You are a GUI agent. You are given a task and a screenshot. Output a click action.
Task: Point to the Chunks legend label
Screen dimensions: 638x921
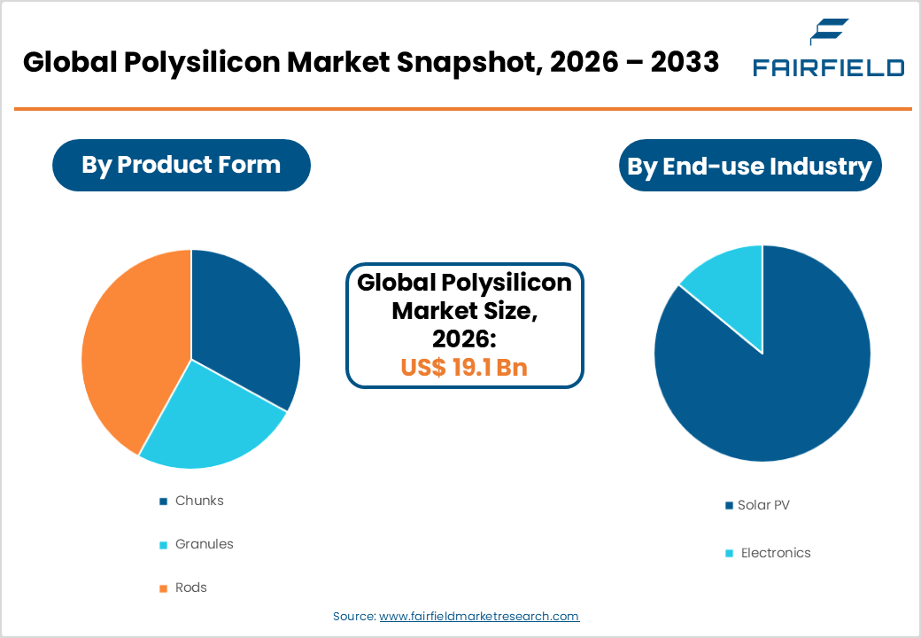pyautogui.click(x=199, y=501)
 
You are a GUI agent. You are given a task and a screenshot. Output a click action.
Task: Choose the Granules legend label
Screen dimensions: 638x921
pyautogui.click(x=204, y=544)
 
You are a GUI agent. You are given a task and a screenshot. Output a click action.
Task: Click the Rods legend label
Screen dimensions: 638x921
pyautogui.click(x=190, y=587)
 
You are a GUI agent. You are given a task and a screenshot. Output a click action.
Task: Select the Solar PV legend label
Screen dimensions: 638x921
pyautogui.click(x=763, y=505)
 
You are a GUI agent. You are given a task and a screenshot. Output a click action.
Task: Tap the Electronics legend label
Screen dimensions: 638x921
pyautogui.click(x=776, y=553)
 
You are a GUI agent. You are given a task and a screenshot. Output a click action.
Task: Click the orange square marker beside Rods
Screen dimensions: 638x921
pyautogui.click(x=163, y=588)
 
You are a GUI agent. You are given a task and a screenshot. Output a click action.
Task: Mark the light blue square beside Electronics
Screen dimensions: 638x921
pyautogui.click(x=729, y=554)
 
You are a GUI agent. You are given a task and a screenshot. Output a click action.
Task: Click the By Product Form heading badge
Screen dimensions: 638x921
pyautogui.click(x=181, y=165)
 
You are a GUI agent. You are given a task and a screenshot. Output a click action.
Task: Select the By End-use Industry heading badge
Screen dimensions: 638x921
pyautogui.click(x=749, y=166)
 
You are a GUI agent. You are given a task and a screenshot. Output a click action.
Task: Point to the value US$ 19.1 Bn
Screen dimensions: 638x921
pyautogui.click(x=464, y=367)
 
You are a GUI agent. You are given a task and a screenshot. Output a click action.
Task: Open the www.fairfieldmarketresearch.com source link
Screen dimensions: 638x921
pyautogui.click(x=479, y=616)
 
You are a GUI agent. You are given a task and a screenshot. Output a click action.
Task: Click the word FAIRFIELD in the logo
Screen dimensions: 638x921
pyautogui.click(x=828, y=67)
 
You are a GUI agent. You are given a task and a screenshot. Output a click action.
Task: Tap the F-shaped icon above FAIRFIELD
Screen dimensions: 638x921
pyautogui.click(x=829, y=33)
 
